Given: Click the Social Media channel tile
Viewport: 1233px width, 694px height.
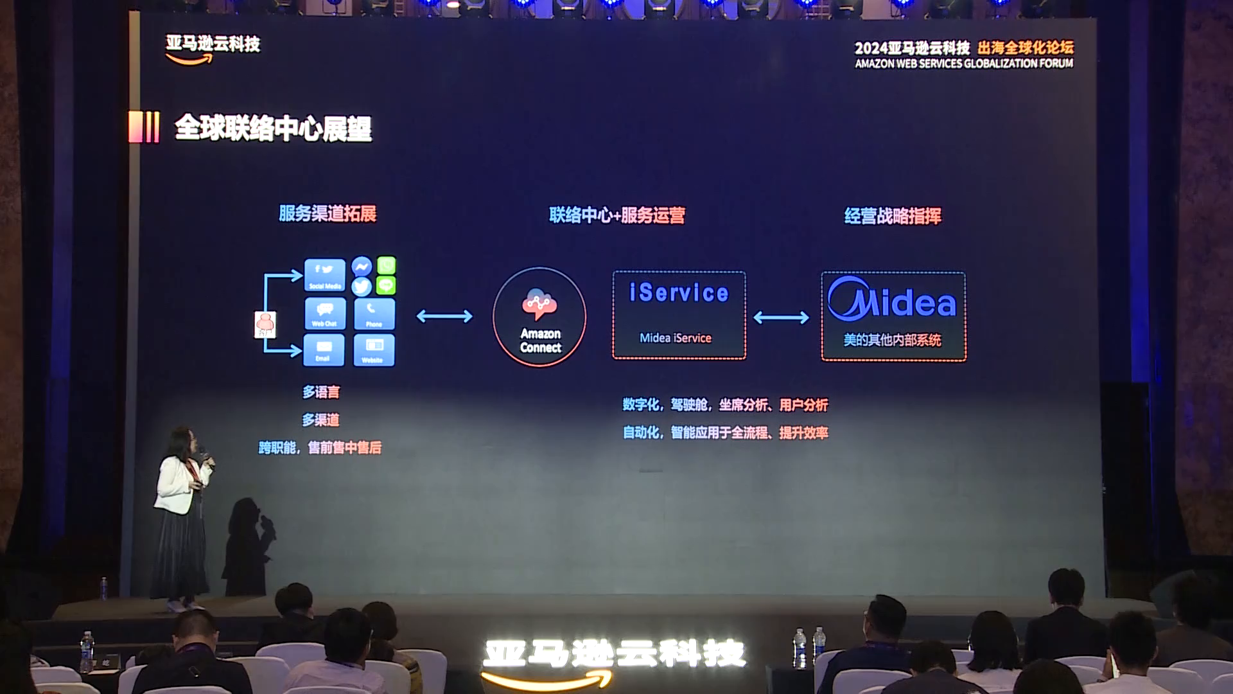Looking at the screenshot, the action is [324, 275].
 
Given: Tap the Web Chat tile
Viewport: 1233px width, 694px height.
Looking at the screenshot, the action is [324, 314].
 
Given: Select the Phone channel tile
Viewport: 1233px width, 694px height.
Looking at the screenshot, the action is [374, 314].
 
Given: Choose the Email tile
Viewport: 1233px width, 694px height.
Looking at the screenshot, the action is [323, 350].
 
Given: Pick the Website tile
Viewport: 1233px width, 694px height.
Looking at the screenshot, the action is [374, 350].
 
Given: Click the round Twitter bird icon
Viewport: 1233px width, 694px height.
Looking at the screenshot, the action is [362, 286].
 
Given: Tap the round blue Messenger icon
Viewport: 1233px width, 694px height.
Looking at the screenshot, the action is [362, 266].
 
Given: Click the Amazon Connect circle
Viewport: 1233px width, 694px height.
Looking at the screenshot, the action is [539, 317].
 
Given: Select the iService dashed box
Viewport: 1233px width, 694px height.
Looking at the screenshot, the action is [679, 315].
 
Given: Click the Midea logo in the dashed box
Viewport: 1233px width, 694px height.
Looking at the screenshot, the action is [892, 299].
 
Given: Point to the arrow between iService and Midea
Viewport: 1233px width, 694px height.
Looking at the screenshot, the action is [781, 317].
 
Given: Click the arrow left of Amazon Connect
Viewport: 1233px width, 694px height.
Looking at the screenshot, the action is [444, 316].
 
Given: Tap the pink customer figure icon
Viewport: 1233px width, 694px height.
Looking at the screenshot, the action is [265, 325].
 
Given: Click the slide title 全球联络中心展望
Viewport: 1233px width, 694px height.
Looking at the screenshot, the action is [273, 128].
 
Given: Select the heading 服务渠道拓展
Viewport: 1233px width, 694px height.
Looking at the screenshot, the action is [328, 213].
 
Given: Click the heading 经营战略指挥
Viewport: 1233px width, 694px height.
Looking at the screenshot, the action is [893, 216].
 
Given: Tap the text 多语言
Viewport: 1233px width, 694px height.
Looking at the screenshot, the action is [321, 392].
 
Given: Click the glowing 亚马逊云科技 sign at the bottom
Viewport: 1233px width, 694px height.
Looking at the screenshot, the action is [614, 654].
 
